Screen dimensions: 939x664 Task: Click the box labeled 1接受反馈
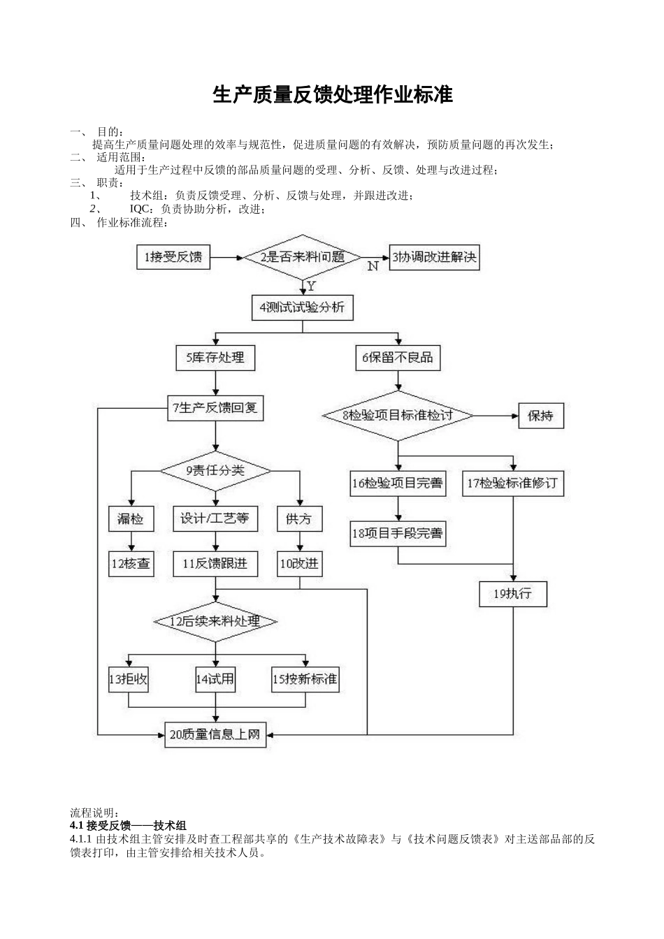(173, 257)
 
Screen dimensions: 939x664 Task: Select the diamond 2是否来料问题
(303, 257)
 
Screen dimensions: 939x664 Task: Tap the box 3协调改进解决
(434, 257)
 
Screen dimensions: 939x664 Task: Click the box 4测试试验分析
(302, 307)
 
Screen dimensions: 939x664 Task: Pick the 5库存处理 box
(215, 358)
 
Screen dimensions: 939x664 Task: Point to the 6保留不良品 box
(398, 358)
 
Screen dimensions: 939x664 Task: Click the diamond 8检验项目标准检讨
(398, 416)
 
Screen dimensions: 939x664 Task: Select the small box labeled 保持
(540, 416)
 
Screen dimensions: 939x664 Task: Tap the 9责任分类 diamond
(215, 470)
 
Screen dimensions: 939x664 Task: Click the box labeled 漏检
(131, 519)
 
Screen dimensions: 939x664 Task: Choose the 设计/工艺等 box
(215, 518)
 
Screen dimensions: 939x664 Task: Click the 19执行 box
(513, 594)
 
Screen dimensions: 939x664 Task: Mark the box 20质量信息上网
(215, 734)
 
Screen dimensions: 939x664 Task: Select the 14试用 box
(215, 678)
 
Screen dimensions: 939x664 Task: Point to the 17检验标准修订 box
(513, 483)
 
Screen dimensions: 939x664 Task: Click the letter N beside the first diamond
(373, 266)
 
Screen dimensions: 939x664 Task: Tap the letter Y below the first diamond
(311, 286)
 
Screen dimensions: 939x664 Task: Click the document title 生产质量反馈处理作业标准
(333, 95)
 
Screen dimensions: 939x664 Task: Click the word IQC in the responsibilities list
(142, 209)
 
